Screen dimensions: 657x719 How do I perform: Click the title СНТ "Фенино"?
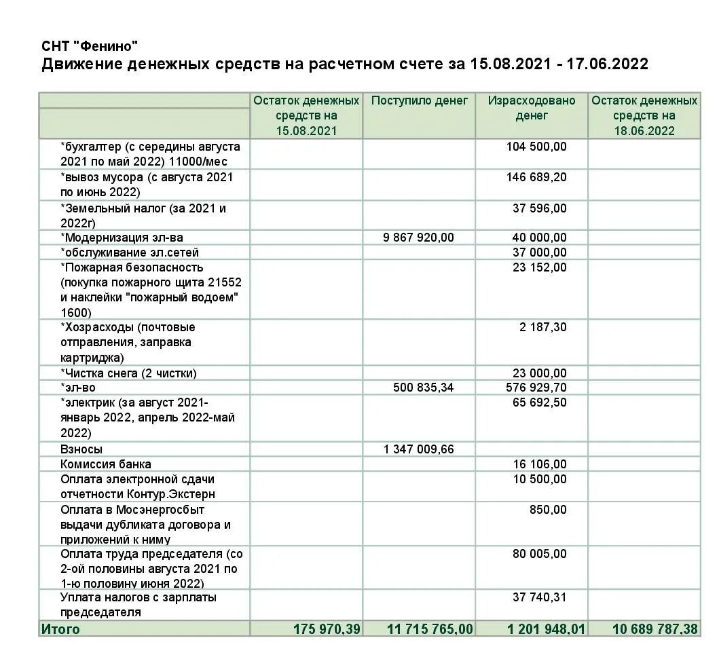(x=90, y=46)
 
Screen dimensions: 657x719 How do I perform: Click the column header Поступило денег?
(x=420, y=100)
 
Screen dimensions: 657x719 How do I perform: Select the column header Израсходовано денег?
(x=532, y=108)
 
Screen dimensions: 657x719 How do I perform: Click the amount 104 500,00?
(x=536, y=147)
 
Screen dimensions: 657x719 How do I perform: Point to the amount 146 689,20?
(x=536, y=177)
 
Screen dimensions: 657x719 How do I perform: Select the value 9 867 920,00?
(x=418, y=238)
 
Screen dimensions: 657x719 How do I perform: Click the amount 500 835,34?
(x=423, y=388)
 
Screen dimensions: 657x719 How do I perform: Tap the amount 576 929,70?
(x=536, y=388)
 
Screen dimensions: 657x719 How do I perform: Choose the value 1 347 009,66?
(x=418, y=449)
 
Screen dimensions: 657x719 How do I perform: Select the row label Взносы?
(x=81, y=449)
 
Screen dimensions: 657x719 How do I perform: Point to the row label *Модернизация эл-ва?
(x=122, y=238)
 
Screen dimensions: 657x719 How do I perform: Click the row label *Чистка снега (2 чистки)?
(x=128, y=373)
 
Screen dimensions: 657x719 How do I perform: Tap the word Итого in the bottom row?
(x=60, y=629)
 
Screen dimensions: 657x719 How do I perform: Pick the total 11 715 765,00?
(x=430, y=629)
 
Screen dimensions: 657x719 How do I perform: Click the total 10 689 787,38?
(x=655, y=629)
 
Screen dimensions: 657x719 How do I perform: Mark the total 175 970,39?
(x=327, y=629)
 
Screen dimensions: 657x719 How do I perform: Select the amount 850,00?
(x=548, y=510)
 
